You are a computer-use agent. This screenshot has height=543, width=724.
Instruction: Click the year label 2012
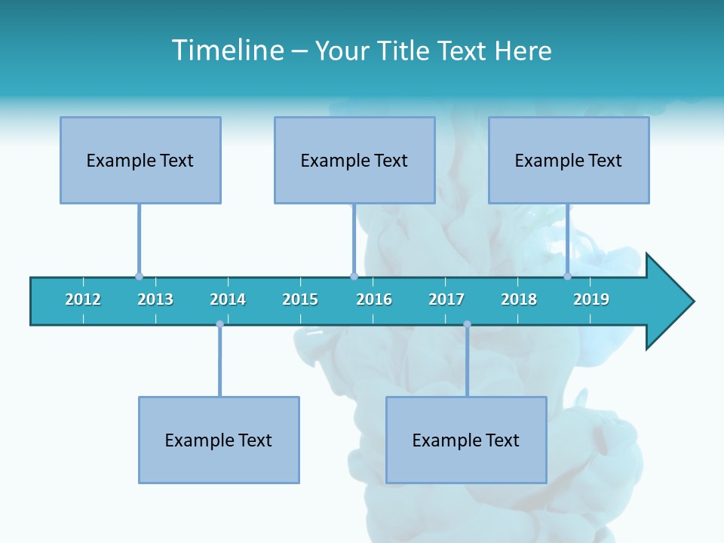pos(83,299)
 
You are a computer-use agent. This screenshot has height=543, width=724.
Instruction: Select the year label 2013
pos(155,299)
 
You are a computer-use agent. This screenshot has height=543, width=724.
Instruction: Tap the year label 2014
pos(228,299)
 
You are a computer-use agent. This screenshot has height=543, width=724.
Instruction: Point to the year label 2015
pos(300,299)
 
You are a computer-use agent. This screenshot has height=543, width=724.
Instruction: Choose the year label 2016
pos(374,299)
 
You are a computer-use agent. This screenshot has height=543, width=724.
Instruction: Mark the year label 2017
pos(446,299)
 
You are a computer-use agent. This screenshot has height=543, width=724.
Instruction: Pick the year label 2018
pos(519,299)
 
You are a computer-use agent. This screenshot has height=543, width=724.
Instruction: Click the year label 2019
pos(591,299)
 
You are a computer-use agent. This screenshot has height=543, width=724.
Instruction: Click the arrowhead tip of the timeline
pos(692,302)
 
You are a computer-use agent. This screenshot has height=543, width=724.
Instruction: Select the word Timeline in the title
pos(227,51)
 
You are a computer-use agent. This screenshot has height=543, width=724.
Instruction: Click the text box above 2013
pos(140,160)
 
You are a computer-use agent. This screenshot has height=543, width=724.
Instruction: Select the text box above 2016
pos(354,160)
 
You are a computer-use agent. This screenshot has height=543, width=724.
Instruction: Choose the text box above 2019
pos(569,160)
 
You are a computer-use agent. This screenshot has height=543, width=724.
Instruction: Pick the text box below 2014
pos(219,440)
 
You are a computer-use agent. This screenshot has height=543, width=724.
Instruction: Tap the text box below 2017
pos(466,440)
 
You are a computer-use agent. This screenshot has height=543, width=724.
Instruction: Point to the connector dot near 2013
pos(139,277)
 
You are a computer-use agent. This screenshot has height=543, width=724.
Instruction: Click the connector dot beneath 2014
pos(219,324)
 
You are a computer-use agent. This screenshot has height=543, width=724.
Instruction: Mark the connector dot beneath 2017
pos(467,324)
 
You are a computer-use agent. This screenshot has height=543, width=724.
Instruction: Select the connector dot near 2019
pos(567,277)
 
